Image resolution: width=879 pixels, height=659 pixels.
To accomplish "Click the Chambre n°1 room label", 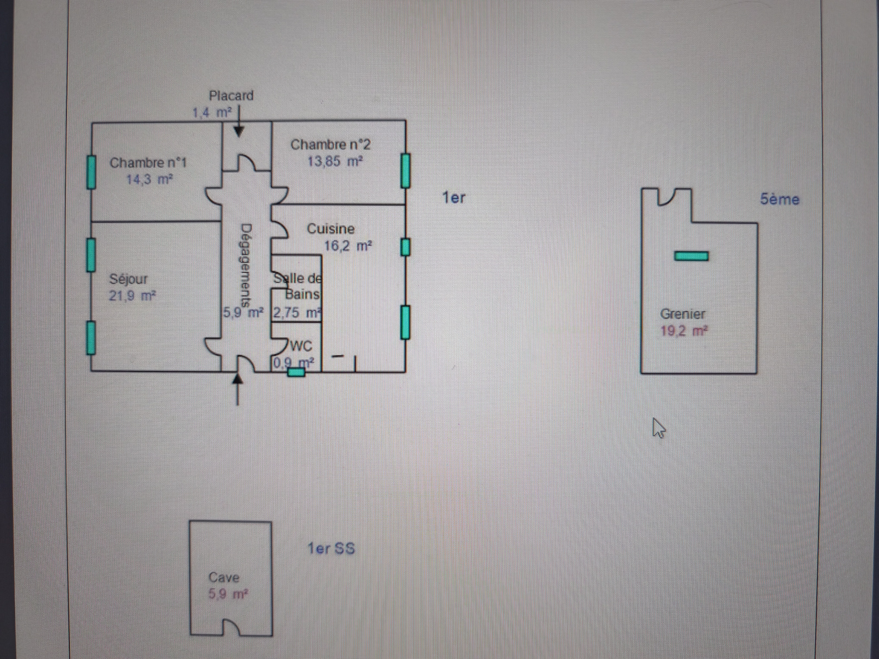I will (x=148, y=163).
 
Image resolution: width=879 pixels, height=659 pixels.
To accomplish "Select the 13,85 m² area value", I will (x=335, y=161).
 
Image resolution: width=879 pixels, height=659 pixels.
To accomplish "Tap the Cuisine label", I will (x=330, y=228).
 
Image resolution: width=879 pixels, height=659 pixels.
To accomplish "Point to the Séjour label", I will (x=128, y=279).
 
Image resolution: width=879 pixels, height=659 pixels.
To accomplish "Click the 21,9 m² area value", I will (x=132, y=296).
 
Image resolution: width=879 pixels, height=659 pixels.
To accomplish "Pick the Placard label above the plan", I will (x=231, y=96).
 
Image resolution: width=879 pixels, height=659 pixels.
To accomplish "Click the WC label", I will (x=301, y=346).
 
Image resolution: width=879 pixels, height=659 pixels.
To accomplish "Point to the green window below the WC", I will (x=296, y=372).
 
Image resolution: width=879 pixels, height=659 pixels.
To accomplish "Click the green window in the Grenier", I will (x=691, y=256).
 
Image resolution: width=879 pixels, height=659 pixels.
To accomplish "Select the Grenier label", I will (x=683, y=314).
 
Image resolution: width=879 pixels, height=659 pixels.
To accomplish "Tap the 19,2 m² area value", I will (x=684, y=331).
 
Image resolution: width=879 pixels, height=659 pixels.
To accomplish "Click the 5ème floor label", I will (x=780, y=199).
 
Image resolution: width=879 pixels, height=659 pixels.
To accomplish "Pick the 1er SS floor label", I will (x=331, y=548).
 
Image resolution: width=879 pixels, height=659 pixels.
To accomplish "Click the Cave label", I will (x=224, y=577).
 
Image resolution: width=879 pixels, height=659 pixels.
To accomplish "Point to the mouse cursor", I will (x=658, y=428).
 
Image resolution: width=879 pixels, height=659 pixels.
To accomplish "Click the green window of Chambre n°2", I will (x=405, y=171).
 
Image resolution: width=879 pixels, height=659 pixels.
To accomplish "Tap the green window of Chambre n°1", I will (x=91, y=172).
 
